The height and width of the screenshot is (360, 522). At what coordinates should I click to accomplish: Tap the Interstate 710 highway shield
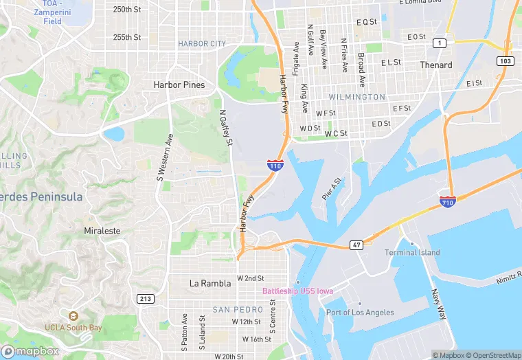click(x=446, y=201)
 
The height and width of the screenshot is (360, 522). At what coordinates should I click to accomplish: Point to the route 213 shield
click(x=146, y=298)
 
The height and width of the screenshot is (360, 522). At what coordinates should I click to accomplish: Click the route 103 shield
click(x=506, y=61)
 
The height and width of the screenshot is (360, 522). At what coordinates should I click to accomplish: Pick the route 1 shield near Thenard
click(x=439, y=43)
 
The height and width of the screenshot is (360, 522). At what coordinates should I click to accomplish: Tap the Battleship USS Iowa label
click(x=297, y=291)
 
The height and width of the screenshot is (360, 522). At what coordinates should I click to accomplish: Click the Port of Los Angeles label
click(x=360, y=312)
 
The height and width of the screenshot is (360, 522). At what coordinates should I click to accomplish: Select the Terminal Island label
click(x=412, y=252)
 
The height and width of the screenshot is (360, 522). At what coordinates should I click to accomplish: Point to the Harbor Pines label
click(x=179, y=85)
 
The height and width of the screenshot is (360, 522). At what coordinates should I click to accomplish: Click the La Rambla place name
click(x=207, y=283)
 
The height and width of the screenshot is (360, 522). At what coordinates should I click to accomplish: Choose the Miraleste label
click(x=102, y=231)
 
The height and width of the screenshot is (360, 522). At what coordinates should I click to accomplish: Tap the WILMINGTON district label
click(x=356, y=98)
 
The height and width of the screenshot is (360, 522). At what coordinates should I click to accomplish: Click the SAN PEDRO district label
click(x=238, y=310)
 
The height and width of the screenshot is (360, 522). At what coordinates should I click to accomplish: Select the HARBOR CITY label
click(x=202, y=44)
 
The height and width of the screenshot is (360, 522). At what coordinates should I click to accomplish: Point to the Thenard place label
click(x=436, y=65)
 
